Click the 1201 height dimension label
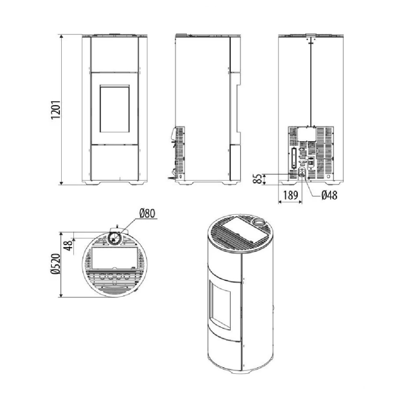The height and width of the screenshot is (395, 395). (x=56, y=109)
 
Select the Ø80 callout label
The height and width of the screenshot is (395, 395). (x=147, y=213)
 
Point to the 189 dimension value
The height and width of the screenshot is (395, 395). (x=290, y=195)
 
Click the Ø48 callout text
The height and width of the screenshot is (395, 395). (x=329, y=195)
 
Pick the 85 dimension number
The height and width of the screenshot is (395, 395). (x=257, y=179)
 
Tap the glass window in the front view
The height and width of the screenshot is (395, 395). (x=115, y=109)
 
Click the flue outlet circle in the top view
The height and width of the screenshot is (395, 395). (x=115, y=238)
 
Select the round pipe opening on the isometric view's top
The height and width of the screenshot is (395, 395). (x=259, y=222)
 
